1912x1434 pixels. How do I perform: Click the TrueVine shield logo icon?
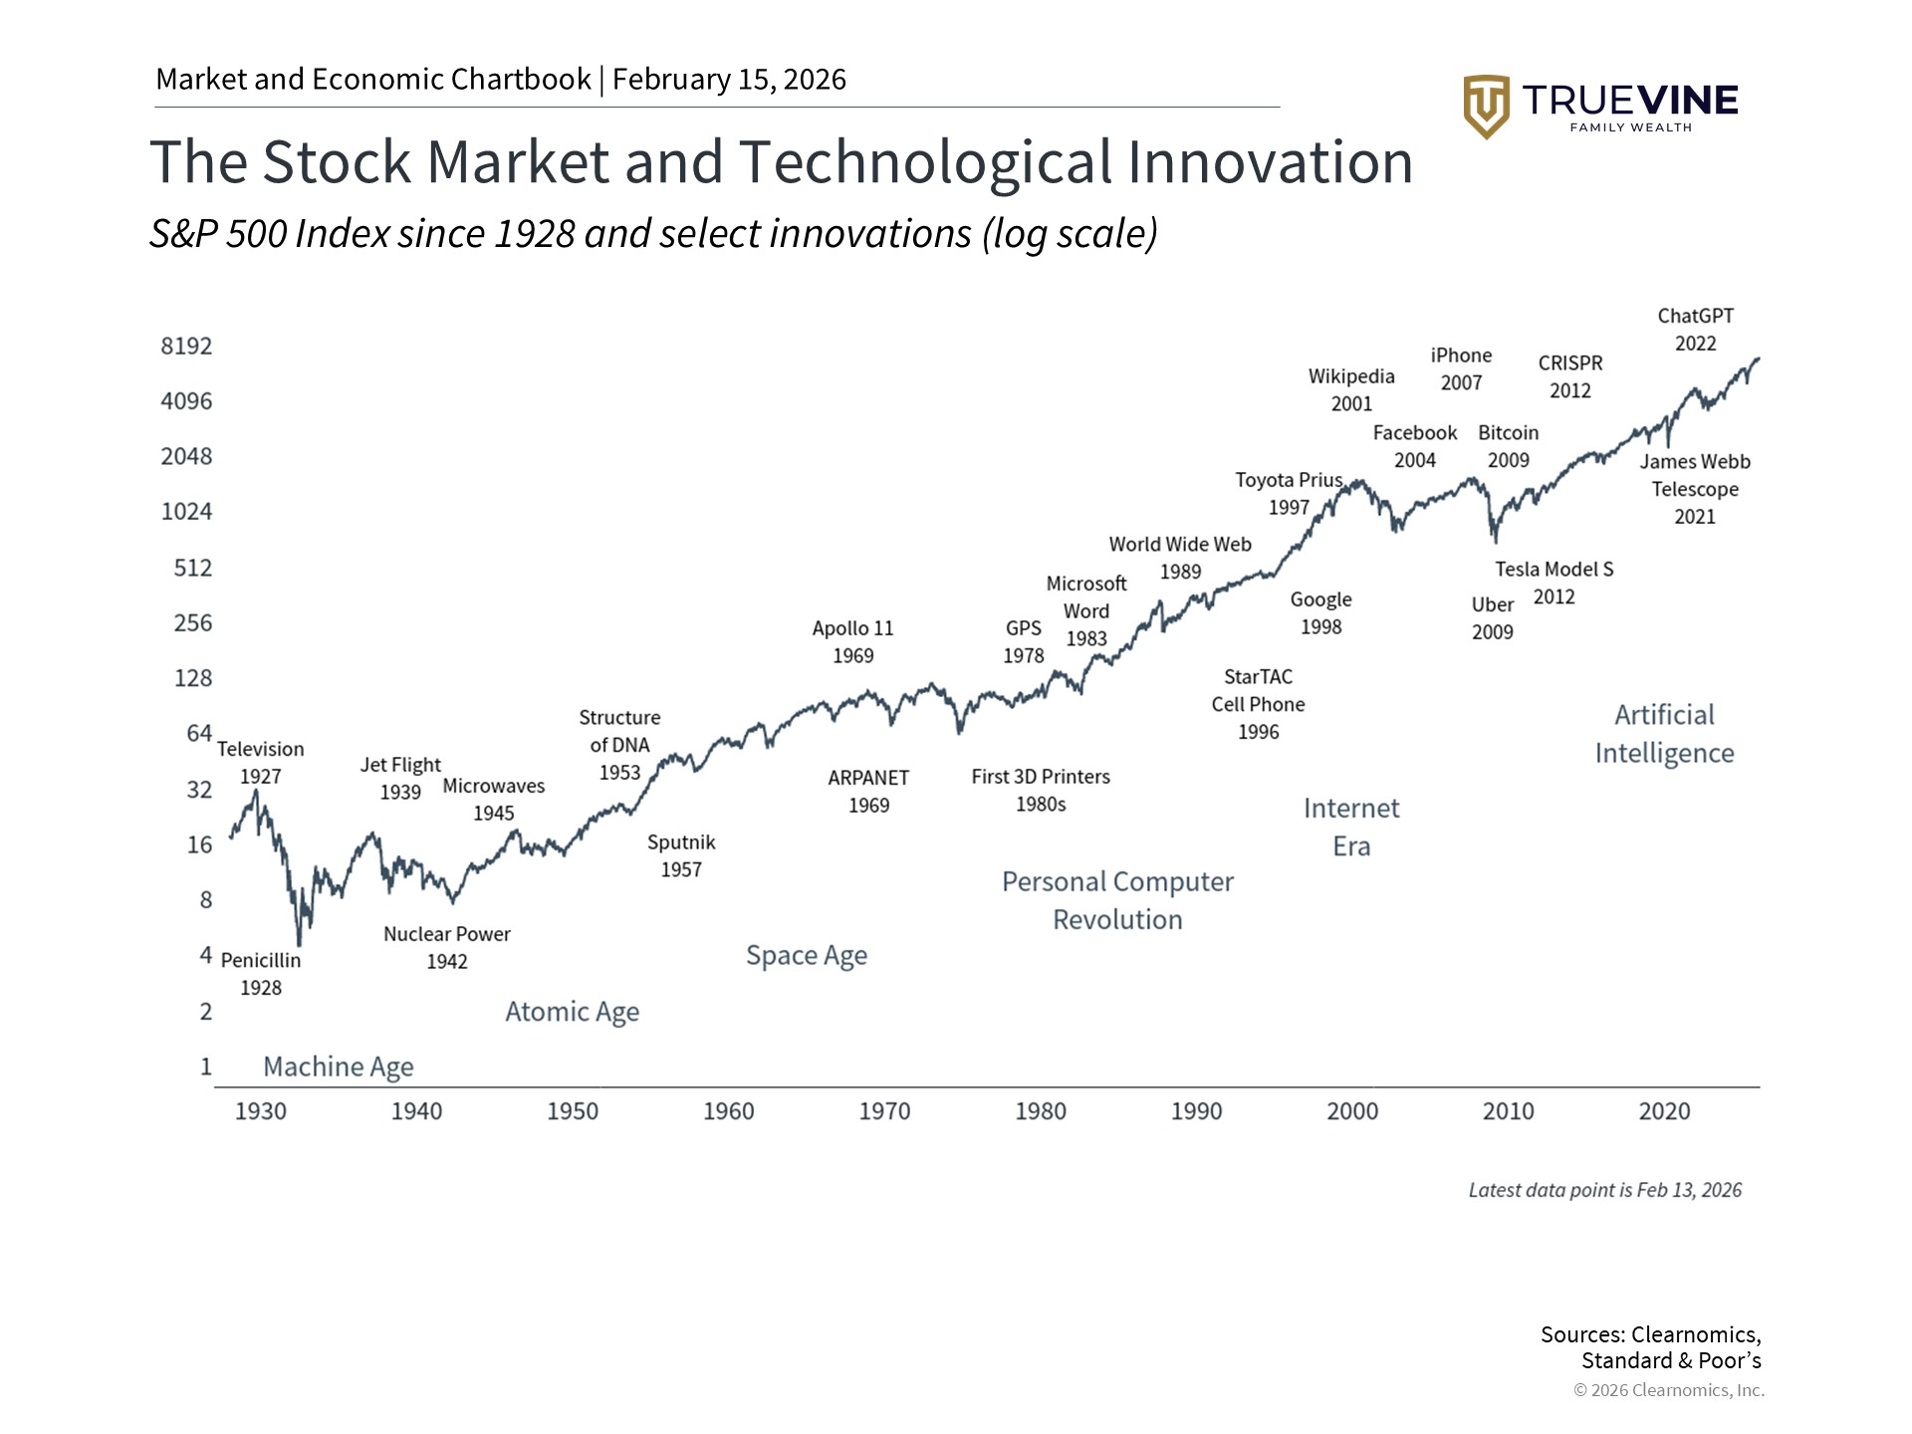click(1486, 106)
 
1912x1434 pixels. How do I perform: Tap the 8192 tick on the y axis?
click(186, 347)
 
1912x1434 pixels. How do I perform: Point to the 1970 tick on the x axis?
click(884, 1111)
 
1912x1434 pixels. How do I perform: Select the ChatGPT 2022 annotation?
click(1695, 330)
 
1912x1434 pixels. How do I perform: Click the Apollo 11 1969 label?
click(852, 642)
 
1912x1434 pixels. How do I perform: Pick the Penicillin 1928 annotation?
click(261, 974)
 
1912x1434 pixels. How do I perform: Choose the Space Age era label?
click(807, 956)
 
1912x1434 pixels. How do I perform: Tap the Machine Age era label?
click(339, 1067)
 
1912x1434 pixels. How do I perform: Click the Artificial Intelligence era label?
click(1664, 734)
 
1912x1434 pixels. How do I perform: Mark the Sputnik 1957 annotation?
click(681, 856)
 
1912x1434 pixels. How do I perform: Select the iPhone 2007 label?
click(1461, 369)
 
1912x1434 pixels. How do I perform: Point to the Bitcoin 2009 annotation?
click(1508, 447)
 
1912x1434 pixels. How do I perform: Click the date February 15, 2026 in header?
click(729, 80)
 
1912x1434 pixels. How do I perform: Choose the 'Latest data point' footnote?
click(1604, 1190)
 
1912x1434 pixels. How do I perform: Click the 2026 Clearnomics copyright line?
click(1668, 1390)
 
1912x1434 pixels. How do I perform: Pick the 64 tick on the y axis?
click(199, 734)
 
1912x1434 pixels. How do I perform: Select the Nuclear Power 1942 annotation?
click(447, 948)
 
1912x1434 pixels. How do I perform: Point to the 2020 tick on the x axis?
click(1664, 1111)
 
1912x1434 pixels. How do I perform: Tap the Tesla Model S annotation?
click(1553, 583)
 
